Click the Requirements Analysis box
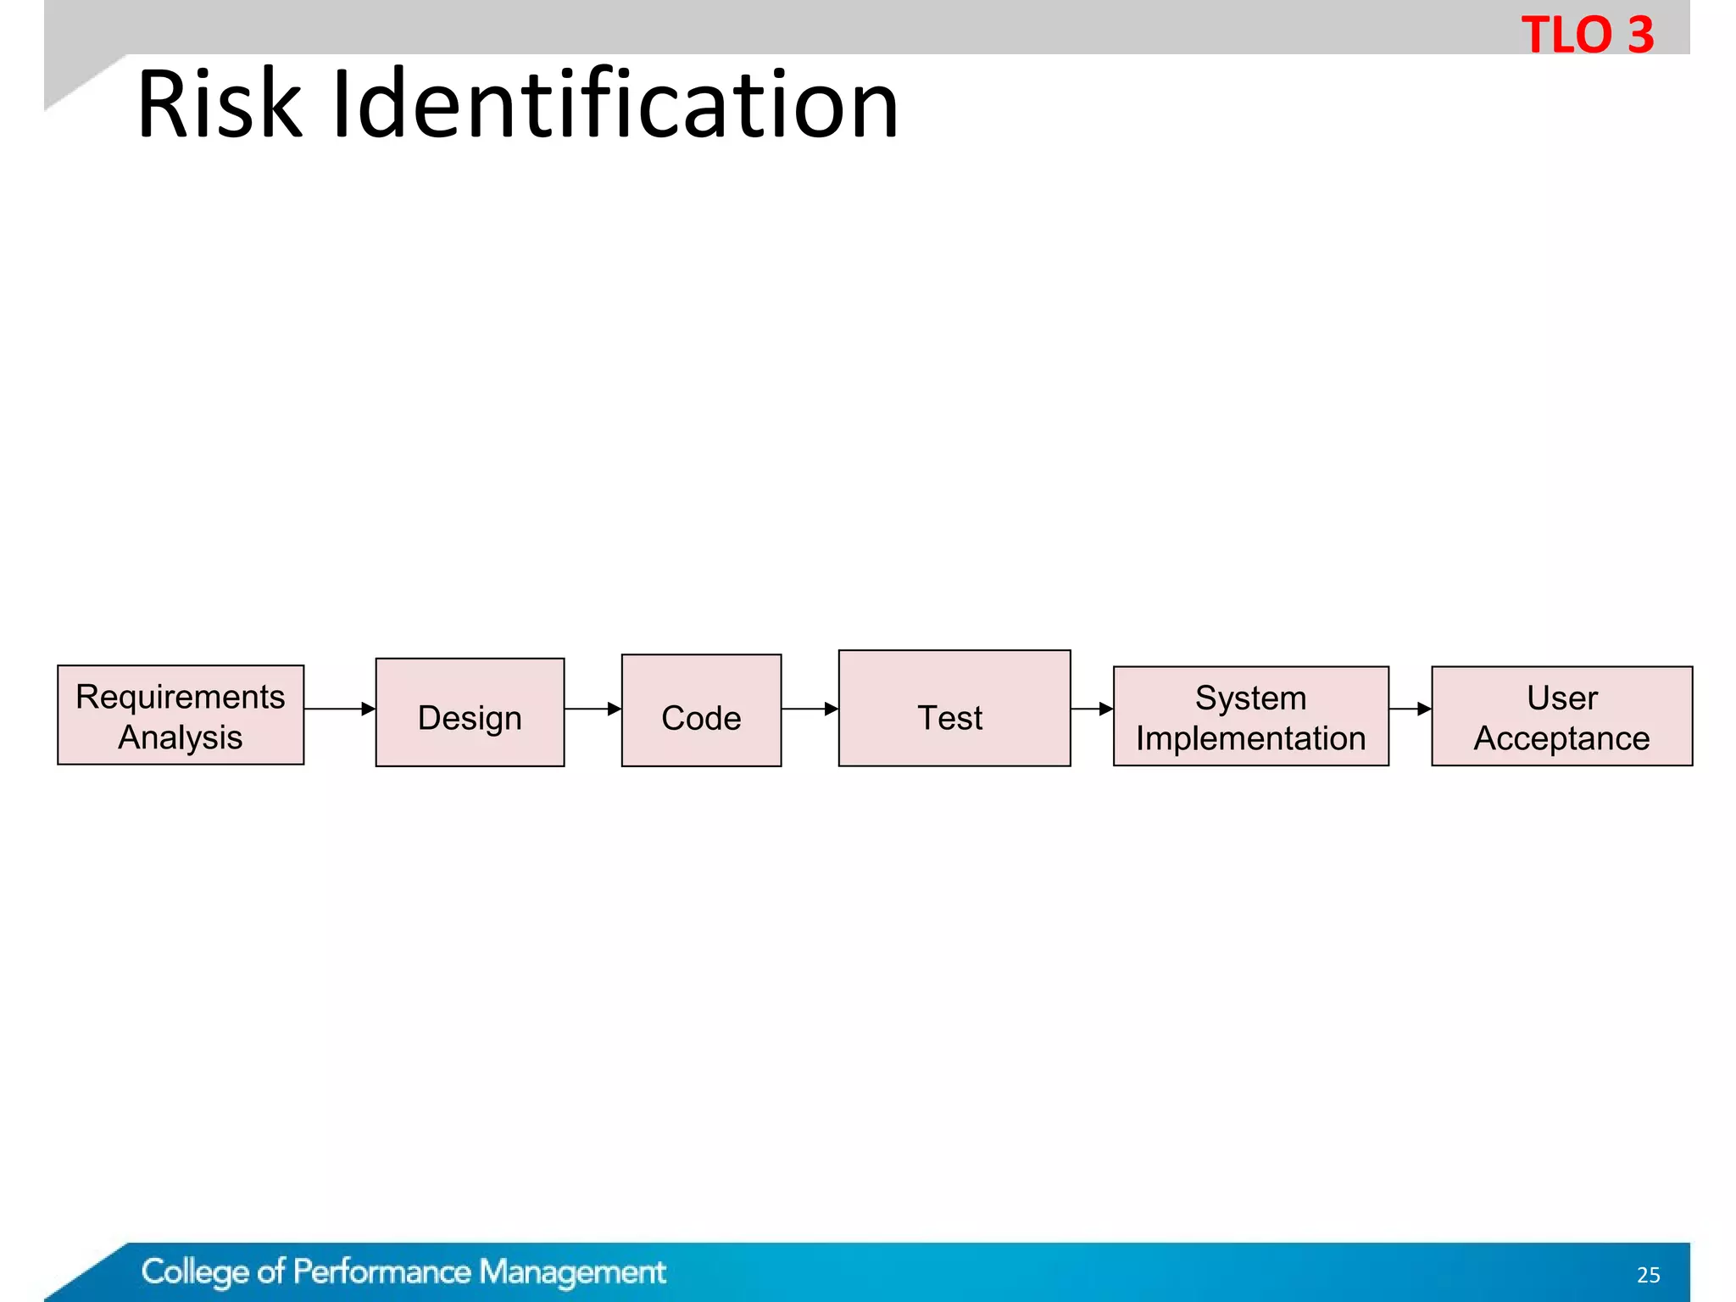[x=181, y=715]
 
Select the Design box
[x=470, y=712]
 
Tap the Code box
[x=701, y=710]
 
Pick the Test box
[x=954, y=709]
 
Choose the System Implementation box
[x=1250, y=716]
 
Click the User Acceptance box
[x=1561, y=716]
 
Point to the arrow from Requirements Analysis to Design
[x=339, y=709]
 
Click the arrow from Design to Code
[x=593, y=709]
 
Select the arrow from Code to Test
[x=810, y=709]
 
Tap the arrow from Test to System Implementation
[x=1092, y=709]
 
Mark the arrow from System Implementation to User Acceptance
[x=1410, y=709]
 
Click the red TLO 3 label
[x=1587, y=35]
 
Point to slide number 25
[x=1648, y=1275]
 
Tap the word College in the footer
[x=195, y=1272]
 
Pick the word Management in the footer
[x=572, y=1272]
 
